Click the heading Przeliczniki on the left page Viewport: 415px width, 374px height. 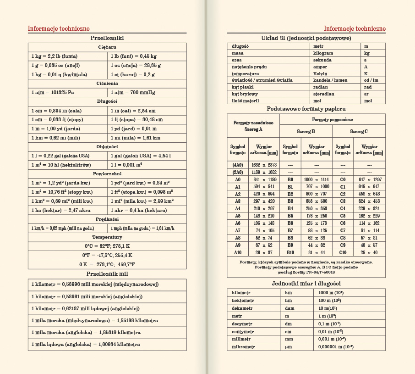107,38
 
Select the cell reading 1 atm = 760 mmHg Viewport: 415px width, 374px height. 133,92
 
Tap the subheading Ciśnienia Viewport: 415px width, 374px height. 107,83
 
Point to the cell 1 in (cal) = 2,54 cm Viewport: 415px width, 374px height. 133,111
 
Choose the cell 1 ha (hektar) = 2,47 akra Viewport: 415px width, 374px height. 61,210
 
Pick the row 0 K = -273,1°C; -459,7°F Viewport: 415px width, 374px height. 107,264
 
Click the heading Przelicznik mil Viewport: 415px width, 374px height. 107,274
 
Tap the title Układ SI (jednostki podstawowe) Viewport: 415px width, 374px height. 306,38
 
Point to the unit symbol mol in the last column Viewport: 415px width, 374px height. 368,100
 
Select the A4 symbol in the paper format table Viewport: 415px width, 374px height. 237,208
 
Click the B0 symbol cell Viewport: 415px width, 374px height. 290,179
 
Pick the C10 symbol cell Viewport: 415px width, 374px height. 343,252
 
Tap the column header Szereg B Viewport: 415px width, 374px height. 306,131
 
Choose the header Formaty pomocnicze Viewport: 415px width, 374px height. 332,119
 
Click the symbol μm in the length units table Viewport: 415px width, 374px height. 288,347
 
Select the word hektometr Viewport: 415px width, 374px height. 243,300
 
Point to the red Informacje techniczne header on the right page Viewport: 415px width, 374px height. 355,28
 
